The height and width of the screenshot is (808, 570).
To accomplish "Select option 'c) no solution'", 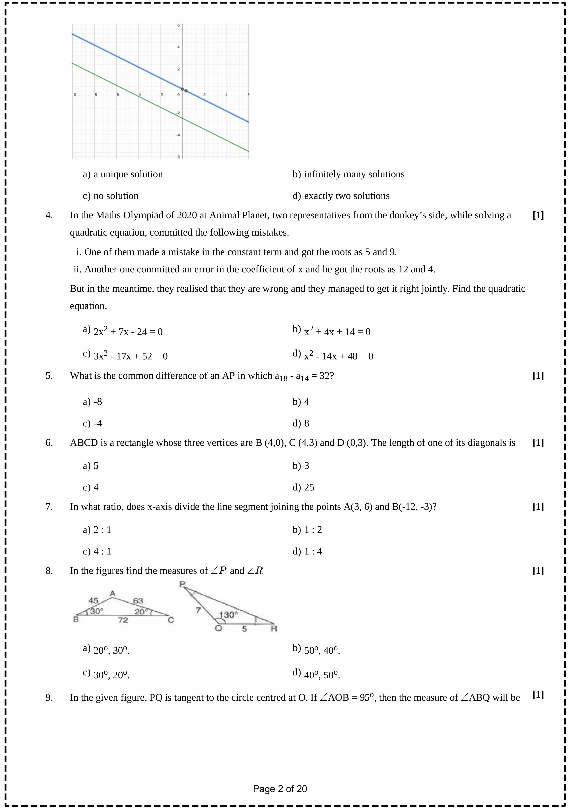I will [111, 196].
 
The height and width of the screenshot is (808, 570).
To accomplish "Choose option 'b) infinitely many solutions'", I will [348, 174].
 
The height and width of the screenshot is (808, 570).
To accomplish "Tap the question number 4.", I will [49, 215].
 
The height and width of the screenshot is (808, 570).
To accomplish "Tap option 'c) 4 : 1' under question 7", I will [97, 551].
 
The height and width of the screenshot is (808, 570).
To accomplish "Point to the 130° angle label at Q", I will [228, 615].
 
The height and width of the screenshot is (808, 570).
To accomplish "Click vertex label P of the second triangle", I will [182, 585].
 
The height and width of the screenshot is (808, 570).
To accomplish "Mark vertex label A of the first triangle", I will [112, 594].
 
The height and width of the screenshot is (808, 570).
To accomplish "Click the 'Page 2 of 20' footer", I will [280, 789].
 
